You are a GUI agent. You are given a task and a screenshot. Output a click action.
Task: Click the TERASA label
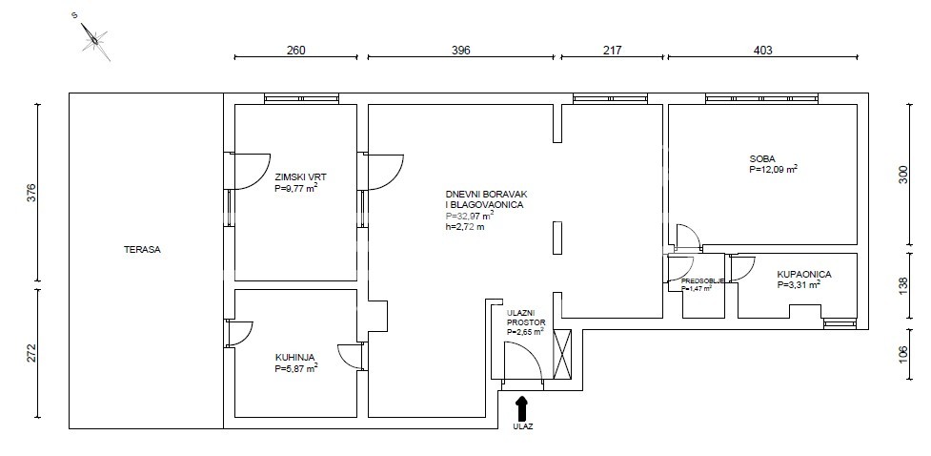(x=142, y=250)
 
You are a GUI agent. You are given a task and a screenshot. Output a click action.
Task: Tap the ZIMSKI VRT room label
(x=300, y=176)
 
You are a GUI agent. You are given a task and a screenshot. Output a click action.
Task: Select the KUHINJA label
(x=294, y=358)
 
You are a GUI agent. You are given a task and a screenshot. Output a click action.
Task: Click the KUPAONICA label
(x=804, y=275)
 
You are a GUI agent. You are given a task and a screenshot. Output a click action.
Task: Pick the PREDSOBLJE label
(x=701, y=280)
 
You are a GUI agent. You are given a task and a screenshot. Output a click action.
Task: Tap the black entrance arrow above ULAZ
(x=522, y=408)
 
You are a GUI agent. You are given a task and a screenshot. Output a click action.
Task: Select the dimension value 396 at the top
(x=461, y=51)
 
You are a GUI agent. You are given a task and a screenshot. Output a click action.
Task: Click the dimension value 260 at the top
(x=295, y=51)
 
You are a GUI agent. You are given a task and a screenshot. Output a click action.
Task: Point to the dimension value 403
(x=762, y=51)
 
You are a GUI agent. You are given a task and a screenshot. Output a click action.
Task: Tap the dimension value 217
(x=612, y=51)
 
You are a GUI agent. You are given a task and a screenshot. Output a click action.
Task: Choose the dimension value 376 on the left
(x=32, y=193)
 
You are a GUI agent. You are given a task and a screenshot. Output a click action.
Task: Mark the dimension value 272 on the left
(x=32, y=353)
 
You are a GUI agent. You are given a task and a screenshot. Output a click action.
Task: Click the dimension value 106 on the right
(x=903, y=354)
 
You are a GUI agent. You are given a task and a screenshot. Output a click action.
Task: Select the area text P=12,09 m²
(x=773, y=169)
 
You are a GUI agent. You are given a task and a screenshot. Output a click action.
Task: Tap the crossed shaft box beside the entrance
(x=561, y=354)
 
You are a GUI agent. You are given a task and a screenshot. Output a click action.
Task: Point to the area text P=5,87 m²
(x=296, y=368)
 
